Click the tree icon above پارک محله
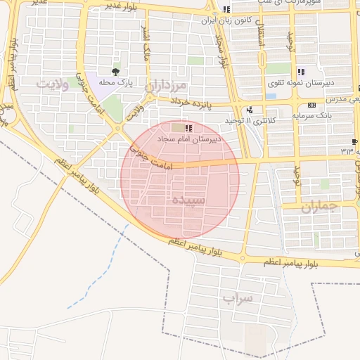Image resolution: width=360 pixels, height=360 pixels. tap(116, 72)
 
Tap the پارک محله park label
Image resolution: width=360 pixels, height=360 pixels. tap(116, 82)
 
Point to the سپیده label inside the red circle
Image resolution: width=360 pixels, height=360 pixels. tap(188, 200)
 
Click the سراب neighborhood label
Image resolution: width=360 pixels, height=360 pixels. tap(237, 298)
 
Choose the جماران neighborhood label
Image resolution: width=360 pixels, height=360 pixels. tap(320, 207)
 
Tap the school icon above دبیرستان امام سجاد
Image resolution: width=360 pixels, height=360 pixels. tap(188, 128)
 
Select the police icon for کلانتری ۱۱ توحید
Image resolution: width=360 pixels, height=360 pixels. tap(250, 110)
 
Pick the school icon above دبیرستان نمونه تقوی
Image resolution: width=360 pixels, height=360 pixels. tap(301, 72)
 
